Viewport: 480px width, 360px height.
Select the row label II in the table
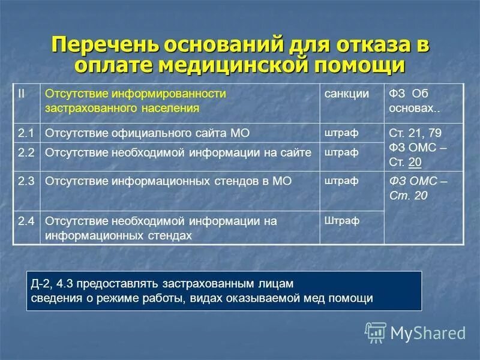(x=21, y=94)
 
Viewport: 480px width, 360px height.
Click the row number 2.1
(x=26, y=133)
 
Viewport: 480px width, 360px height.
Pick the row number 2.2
(x=26, y=152)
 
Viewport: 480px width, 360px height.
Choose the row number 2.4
(x=26, y=221)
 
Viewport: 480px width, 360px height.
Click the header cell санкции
(x=346, y=94)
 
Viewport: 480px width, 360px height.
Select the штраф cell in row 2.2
(x=341, y=152)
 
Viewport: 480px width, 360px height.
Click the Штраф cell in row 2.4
(x=341, y=220)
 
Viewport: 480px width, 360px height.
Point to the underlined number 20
(x=414, y=162)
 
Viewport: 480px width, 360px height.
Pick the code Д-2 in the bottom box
(x=40, y=283)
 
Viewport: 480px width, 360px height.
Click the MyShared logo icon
(x=375, y=331)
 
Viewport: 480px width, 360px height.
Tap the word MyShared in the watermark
(x=428, y=332)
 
